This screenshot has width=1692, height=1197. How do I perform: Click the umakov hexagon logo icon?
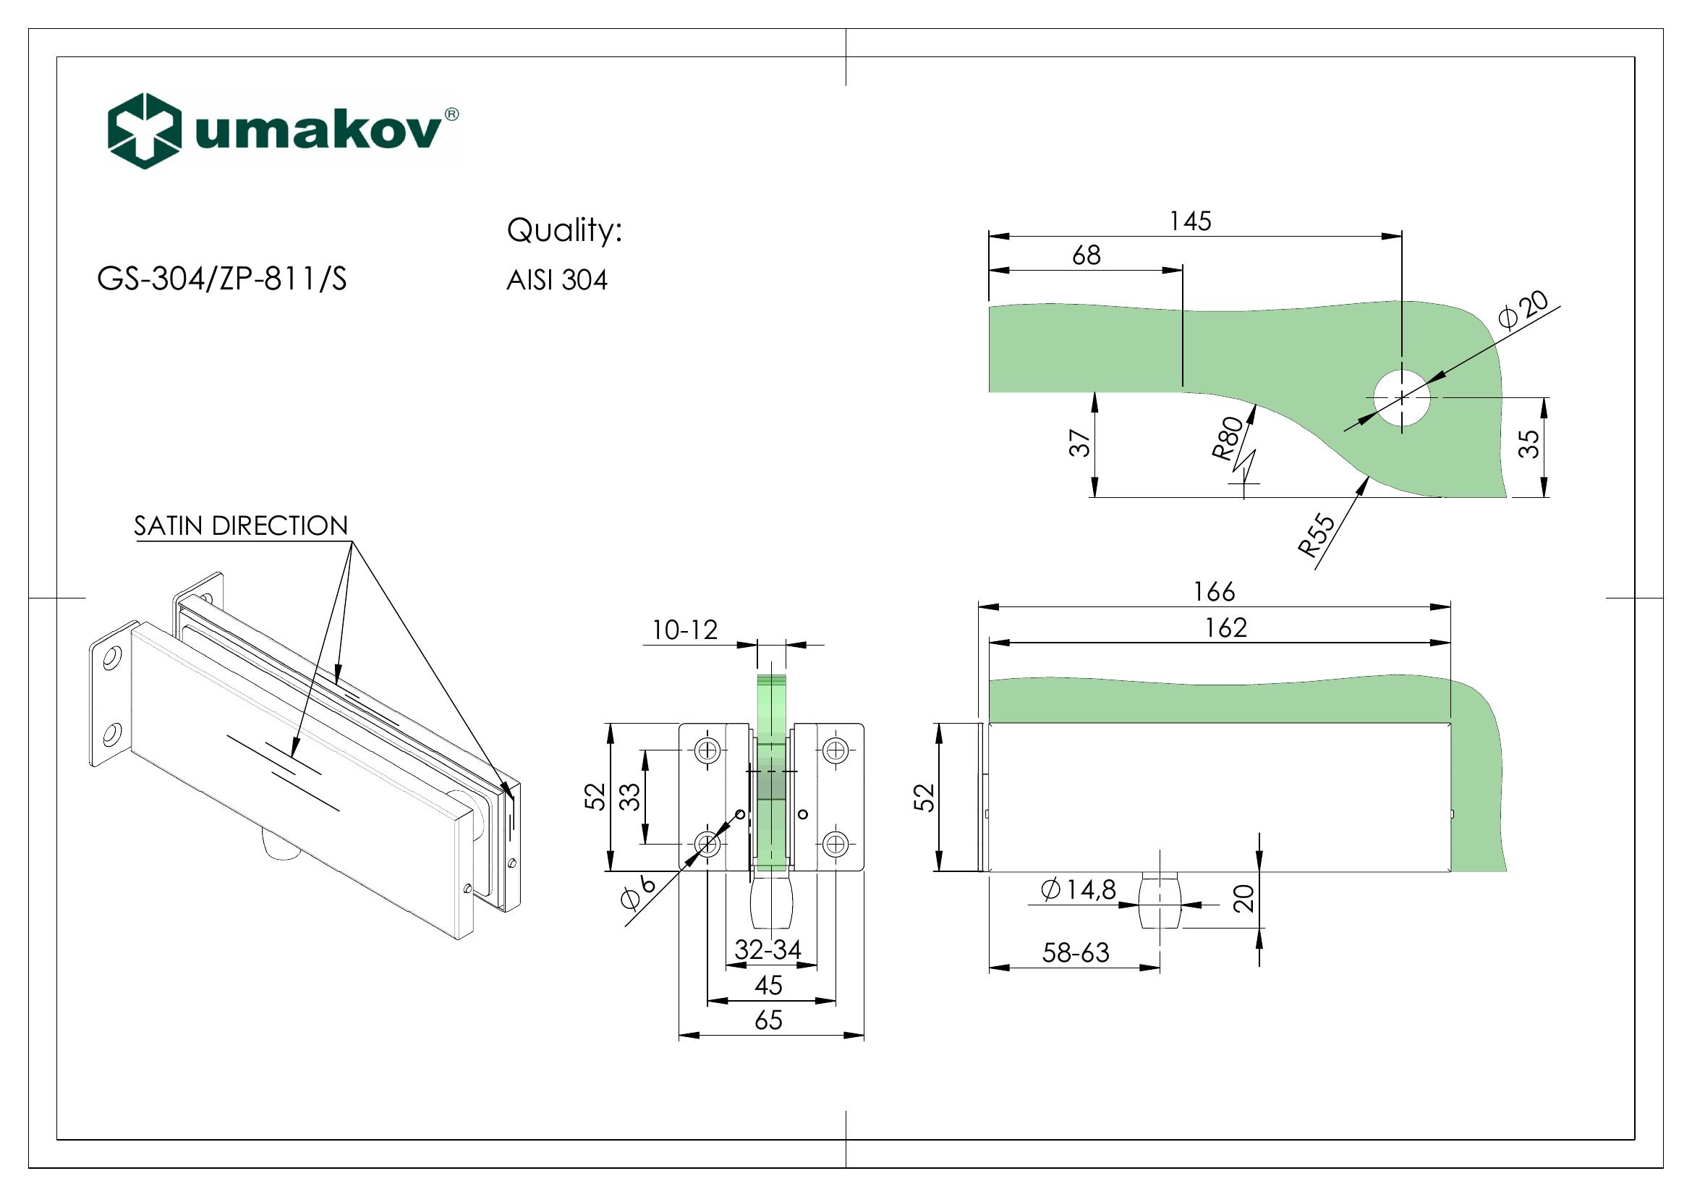[x=145, y=131]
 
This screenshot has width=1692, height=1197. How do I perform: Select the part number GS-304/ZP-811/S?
[x=222, y=279]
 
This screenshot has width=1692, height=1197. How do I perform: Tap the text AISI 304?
[x=556, y=281]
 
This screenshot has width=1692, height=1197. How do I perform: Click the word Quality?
[x=564, y=231]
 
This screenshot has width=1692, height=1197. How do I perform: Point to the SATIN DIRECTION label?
[x=240, y=526]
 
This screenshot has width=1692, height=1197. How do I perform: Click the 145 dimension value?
[x=1190, y=221]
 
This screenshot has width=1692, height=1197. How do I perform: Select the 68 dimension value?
[x=1087, y=255]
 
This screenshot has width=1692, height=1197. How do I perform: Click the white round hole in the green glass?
[x=1401, y=398]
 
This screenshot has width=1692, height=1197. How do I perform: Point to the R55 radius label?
[x=1316, y=534]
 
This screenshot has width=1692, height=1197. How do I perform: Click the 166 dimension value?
[x=1214, y=591]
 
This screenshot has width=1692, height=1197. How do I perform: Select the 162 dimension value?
[x=1225, y=627]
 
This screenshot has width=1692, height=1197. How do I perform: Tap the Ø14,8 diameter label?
[x=1078, y=889]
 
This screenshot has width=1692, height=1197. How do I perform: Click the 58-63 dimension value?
[x=1075, y=953]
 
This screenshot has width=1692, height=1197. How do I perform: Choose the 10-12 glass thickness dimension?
[x=684, y=630]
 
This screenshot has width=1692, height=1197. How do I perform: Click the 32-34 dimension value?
[x=768, y=949]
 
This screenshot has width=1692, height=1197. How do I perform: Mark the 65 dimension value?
[x=769, y=1020]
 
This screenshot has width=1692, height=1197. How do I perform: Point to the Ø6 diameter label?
[x=638, y=893]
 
